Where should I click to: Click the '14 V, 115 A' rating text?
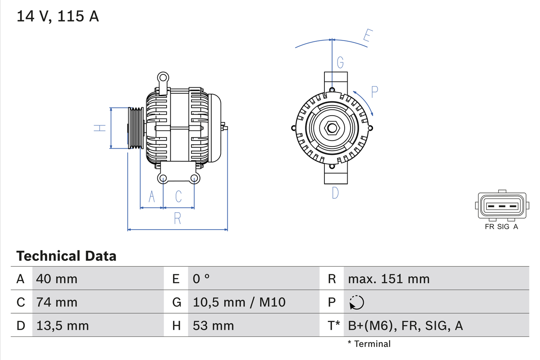click(x=57, y=16)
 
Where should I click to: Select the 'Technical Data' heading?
click(x=66, y=256)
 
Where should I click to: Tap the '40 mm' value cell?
click(x=57, y=279)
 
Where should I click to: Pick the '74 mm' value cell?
click(x=57, y=302)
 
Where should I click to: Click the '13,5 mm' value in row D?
click(x=62, y=325)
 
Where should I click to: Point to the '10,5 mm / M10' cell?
click(x=239, y=302)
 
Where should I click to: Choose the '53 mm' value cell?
click(x=213, y=325)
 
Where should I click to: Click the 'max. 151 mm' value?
click(x=389, y=279)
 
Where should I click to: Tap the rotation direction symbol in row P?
click(x=356, y=302)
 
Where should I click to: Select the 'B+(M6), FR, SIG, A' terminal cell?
click(x=405, y=325)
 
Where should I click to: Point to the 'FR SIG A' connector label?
click(x=501, y=227)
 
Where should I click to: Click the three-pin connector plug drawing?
click(x=502, y=206)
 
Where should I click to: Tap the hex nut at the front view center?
click(x=332, y=128)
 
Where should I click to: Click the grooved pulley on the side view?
click(x=136, y=128)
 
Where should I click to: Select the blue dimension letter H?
click(x=100, y=128)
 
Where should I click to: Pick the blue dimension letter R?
click(x=178, y=218)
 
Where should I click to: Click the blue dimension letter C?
click(x=178, y=196)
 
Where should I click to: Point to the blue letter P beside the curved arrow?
click(x=374, y=92)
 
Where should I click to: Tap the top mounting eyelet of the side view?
click(x=163, y=78)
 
